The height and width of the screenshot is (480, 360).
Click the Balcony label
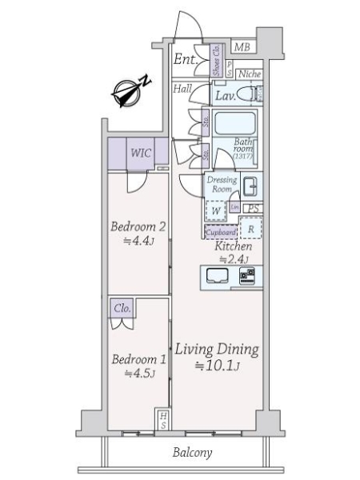193,453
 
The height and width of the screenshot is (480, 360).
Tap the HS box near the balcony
162,420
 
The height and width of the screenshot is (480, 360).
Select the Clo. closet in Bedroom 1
122,307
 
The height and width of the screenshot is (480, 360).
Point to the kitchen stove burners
247,277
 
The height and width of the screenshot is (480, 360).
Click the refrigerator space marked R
251,229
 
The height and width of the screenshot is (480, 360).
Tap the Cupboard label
221,232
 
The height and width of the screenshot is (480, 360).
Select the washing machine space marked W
216,210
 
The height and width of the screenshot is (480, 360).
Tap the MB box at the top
242,48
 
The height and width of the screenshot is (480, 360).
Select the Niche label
249,74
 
